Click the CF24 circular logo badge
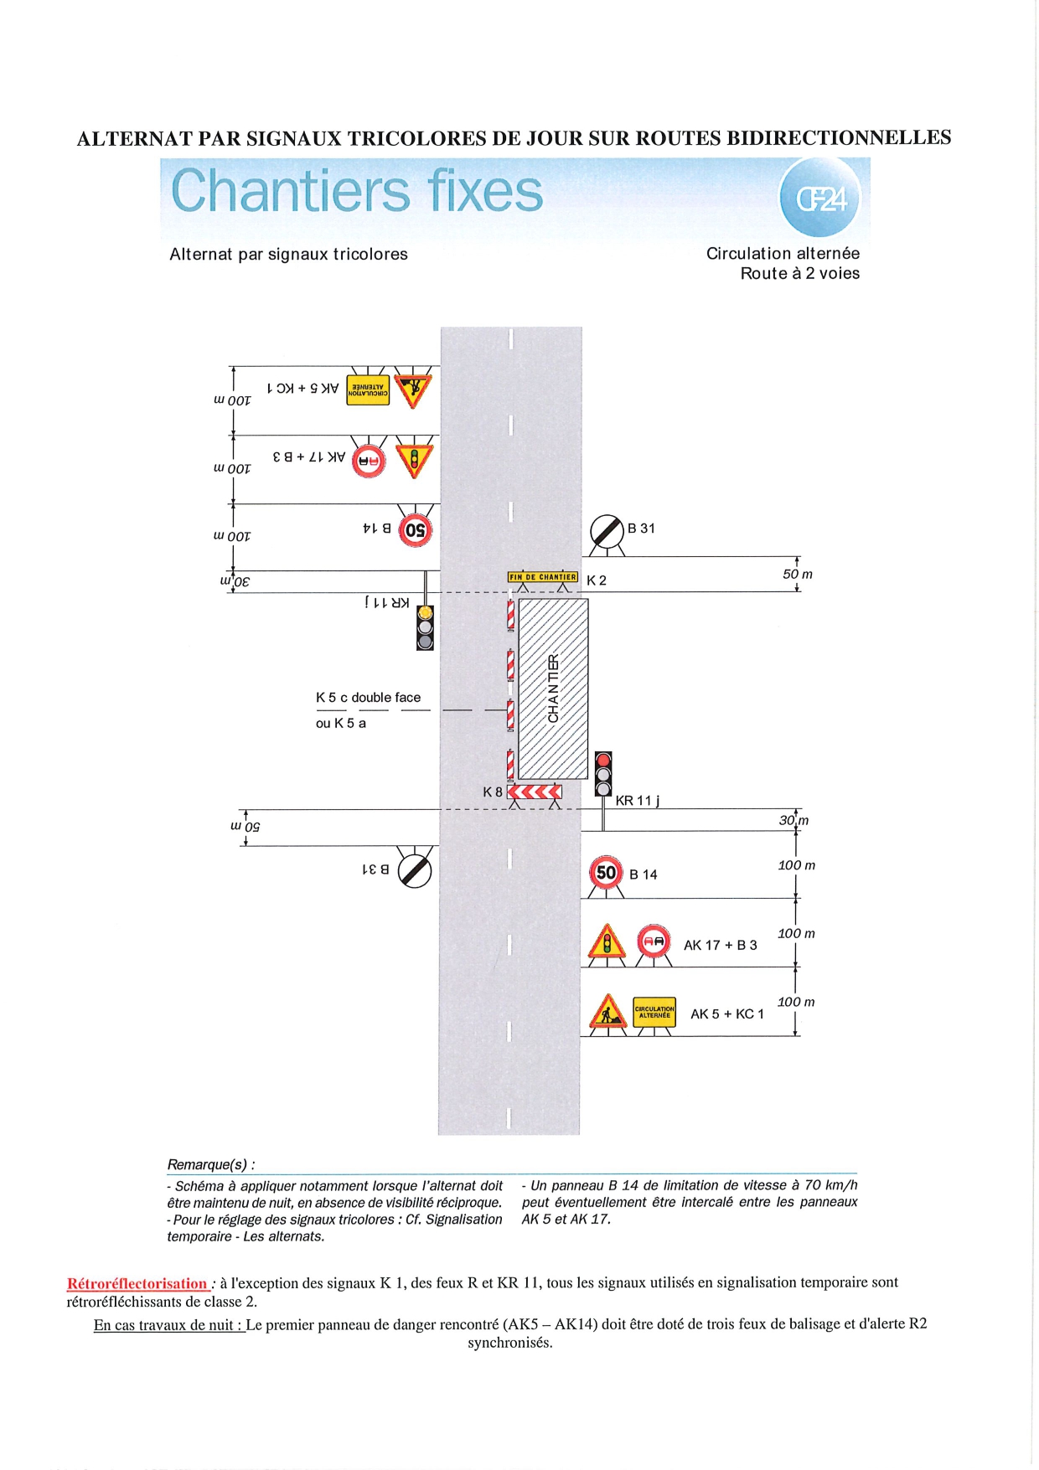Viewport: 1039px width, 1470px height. pyautogui.click(x=819, y=198)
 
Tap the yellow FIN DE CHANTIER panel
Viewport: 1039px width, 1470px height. pyautogui.click(x=542, y=577)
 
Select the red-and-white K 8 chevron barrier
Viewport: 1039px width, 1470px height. pyautogui.click(x=535, y=792)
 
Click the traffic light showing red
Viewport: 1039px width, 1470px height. pyautogui.click(x=603, y=774)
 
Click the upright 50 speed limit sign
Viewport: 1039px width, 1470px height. pyautogui.click(x=606, y=873)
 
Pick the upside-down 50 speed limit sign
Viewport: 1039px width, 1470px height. pyautogui.click(x=415, y=530)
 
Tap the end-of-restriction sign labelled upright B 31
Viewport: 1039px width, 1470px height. pyautogui.click(x=607, y=531)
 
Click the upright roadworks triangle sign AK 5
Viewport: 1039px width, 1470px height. pyautogui.click(x=608, y=1012)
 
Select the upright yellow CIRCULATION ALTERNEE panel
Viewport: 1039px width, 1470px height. pyautogui.click(x=654, y=1011)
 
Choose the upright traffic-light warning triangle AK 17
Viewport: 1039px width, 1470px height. pyautogui.click(x=607, y=942)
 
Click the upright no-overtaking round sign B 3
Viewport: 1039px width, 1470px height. pyautogui.click(x=654, y=942)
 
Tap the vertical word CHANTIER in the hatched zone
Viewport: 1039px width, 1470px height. pyautogui.click(x=553, y=689)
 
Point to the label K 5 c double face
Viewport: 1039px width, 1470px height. pyautogui.click(x=368, y=698)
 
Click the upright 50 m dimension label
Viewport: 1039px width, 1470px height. pyautogui.click(x=797, y=575)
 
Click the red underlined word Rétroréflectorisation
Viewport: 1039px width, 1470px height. pyautogui.click(x=137, y=1283)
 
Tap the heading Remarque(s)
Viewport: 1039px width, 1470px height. pyautogui.click(x=210, y=1164)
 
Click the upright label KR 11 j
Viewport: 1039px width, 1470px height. pyautogui.click(x=637, y=801)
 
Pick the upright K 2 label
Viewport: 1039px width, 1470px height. pyautogui.click(x=597, y=580)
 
